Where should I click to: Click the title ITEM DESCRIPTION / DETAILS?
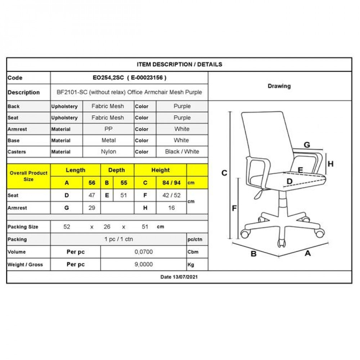(179, 64)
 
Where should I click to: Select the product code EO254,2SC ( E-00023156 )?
(129, 78)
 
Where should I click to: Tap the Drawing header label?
(279, 86)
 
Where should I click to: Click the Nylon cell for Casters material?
(108, 152)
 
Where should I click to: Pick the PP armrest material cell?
(108, 129)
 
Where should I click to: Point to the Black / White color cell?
(182, 152)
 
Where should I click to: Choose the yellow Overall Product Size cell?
(28, 176)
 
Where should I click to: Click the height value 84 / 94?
(171, 183)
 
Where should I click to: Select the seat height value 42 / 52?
(171, 195)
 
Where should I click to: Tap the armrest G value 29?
(92, 208)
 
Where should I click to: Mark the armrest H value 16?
(171, 208)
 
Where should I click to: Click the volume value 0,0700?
(144, 252)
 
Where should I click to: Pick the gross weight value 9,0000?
(144, 264)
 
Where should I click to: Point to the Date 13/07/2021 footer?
(179, 277)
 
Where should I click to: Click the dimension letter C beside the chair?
(224, 173)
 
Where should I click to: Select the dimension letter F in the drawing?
(234, 208)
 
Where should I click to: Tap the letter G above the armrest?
(307, 145)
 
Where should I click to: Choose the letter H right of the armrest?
(330, 164)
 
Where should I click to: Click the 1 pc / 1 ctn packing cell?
(119, 239)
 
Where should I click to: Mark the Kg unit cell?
(191, 265)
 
